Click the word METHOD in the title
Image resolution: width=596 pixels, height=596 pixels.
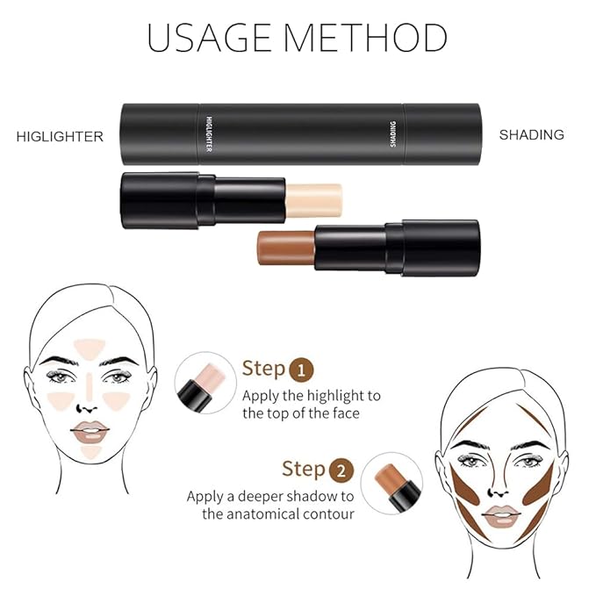point(372,39)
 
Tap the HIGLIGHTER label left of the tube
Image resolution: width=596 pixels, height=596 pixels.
point(61,136)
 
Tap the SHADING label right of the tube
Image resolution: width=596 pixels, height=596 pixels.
point(531,135)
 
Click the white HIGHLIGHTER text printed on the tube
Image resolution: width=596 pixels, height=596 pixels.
point(209,134)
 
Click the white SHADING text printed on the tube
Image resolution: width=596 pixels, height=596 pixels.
point(394,134)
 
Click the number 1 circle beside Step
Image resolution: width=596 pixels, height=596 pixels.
point(301,368)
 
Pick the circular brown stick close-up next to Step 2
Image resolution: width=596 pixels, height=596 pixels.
point(391,483)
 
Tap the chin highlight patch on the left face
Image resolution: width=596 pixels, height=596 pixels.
point(91,452)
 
